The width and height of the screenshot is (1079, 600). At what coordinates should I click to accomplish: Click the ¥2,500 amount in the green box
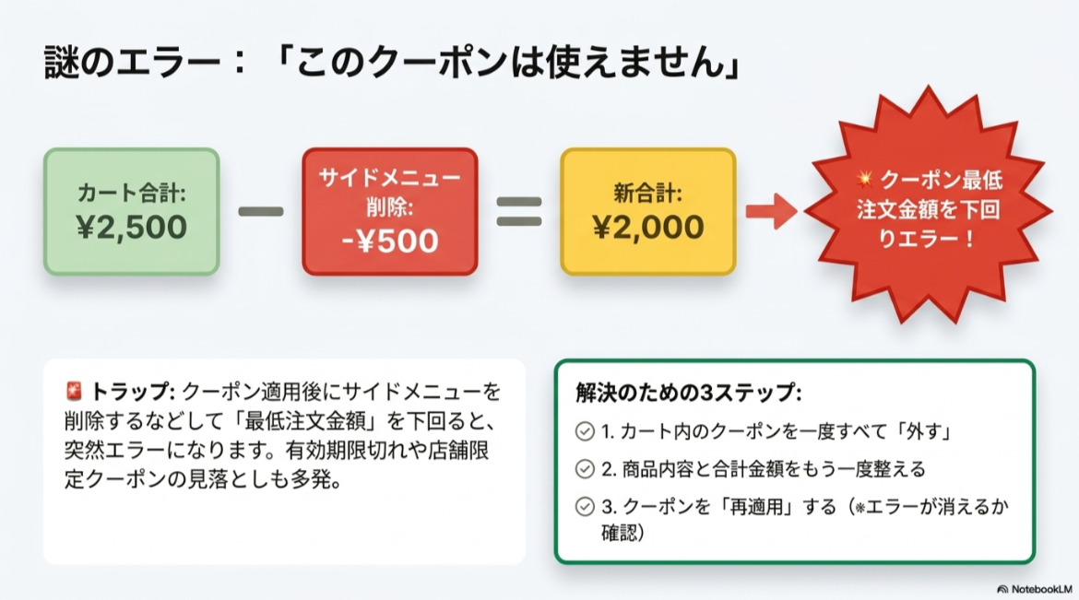(132, 227)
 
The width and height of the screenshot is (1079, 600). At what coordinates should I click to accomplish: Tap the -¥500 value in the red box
(389, 240)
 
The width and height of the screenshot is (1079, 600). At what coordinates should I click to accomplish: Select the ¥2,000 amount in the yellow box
(647, 227)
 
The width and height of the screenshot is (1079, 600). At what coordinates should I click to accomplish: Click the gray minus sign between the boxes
(261, 211)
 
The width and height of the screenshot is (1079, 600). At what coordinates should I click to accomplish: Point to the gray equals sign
(519, 211)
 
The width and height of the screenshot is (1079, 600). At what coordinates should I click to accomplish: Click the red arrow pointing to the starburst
(771, 211)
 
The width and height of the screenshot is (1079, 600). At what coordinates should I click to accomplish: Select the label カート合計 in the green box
(132, 194)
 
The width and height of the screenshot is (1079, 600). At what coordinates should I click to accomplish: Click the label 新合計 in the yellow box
(647, 194)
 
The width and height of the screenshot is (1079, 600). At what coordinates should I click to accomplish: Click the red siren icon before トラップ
(75, 391)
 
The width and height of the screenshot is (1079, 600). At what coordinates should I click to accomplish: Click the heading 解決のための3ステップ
(688, 393)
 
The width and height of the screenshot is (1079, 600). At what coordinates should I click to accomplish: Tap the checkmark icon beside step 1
(584, 431)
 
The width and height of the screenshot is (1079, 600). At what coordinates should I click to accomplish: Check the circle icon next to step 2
(584, 469)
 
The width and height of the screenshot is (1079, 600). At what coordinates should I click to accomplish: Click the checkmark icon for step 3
(584, 507)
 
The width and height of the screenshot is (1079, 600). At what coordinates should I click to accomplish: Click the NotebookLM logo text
(1040, 588)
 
